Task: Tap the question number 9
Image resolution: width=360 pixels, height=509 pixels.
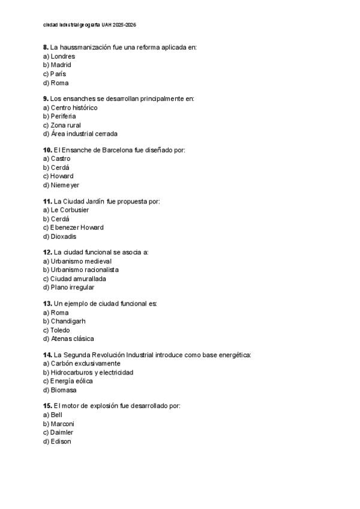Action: pyautogui.click(x=46, y=98)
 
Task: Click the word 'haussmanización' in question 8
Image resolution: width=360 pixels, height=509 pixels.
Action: pyautogui.click(x=85, y=47)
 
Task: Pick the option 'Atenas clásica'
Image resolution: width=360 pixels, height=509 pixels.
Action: pyautogui.click(x=69, y=339)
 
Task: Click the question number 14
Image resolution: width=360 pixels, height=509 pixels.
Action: pyautogui.click(x=47, y=355)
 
